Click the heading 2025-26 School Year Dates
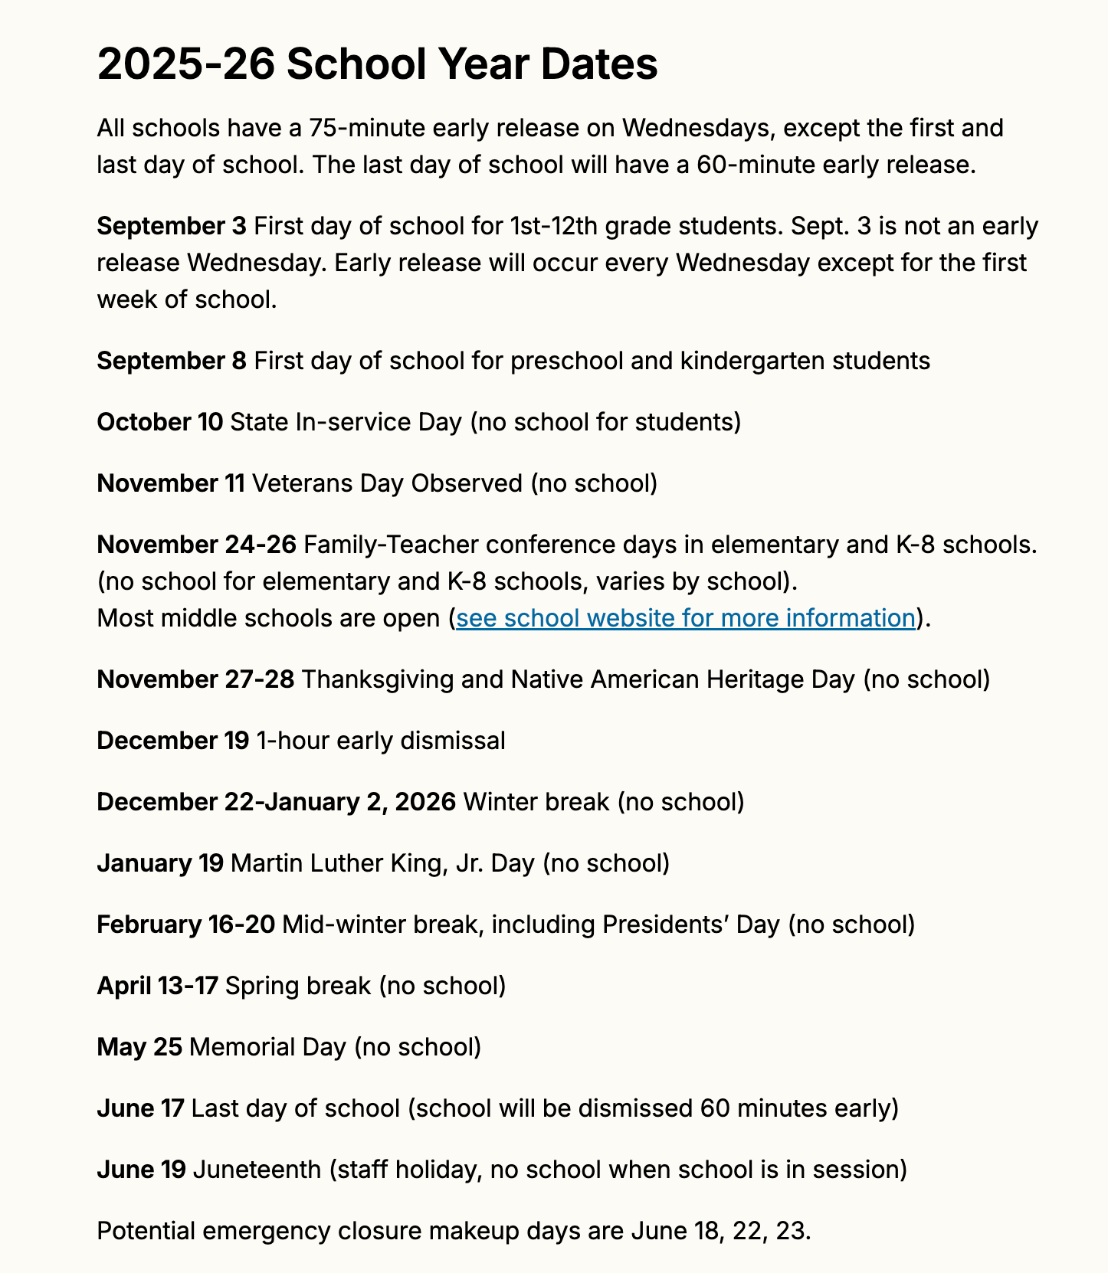click(377, 64)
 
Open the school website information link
click(685, 618)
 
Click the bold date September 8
click(172, 361)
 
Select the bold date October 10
click(159, 422)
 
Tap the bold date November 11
click(170, 483)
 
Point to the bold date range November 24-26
click(196, 545)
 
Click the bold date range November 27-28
click(195, 679)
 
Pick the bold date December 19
click(172, 741)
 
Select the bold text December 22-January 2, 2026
click(276, 802)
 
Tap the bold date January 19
click(159, 863)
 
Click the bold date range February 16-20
click(185, 924)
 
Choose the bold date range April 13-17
click(157, 986)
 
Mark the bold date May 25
click(139, 1047)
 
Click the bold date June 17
click(140, 1108)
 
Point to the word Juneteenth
click(257, 1170)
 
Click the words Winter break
click(536, 802)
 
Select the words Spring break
click(298, 986)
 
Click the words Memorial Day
click(267, 1047)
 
